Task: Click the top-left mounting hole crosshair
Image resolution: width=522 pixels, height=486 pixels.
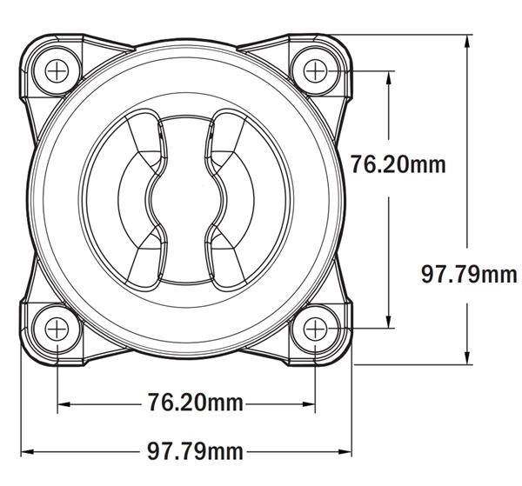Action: [57, 70]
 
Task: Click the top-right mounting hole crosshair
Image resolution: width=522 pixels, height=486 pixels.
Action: [315, 70]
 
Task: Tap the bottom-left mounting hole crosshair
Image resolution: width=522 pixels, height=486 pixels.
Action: [57, 329]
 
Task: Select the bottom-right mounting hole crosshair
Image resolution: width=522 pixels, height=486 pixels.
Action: [315, 329]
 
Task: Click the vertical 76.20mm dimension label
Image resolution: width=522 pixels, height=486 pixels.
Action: [398, 164]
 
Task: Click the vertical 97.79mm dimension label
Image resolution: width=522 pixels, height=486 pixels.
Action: [469, 275]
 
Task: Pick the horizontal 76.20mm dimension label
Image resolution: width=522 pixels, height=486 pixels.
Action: [196, 403]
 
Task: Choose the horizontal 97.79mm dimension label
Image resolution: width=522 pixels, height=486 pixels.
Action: [196, 451]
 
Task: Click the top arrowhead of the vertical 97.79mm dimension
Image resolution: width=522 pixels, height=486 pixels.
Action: [467, 41]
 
